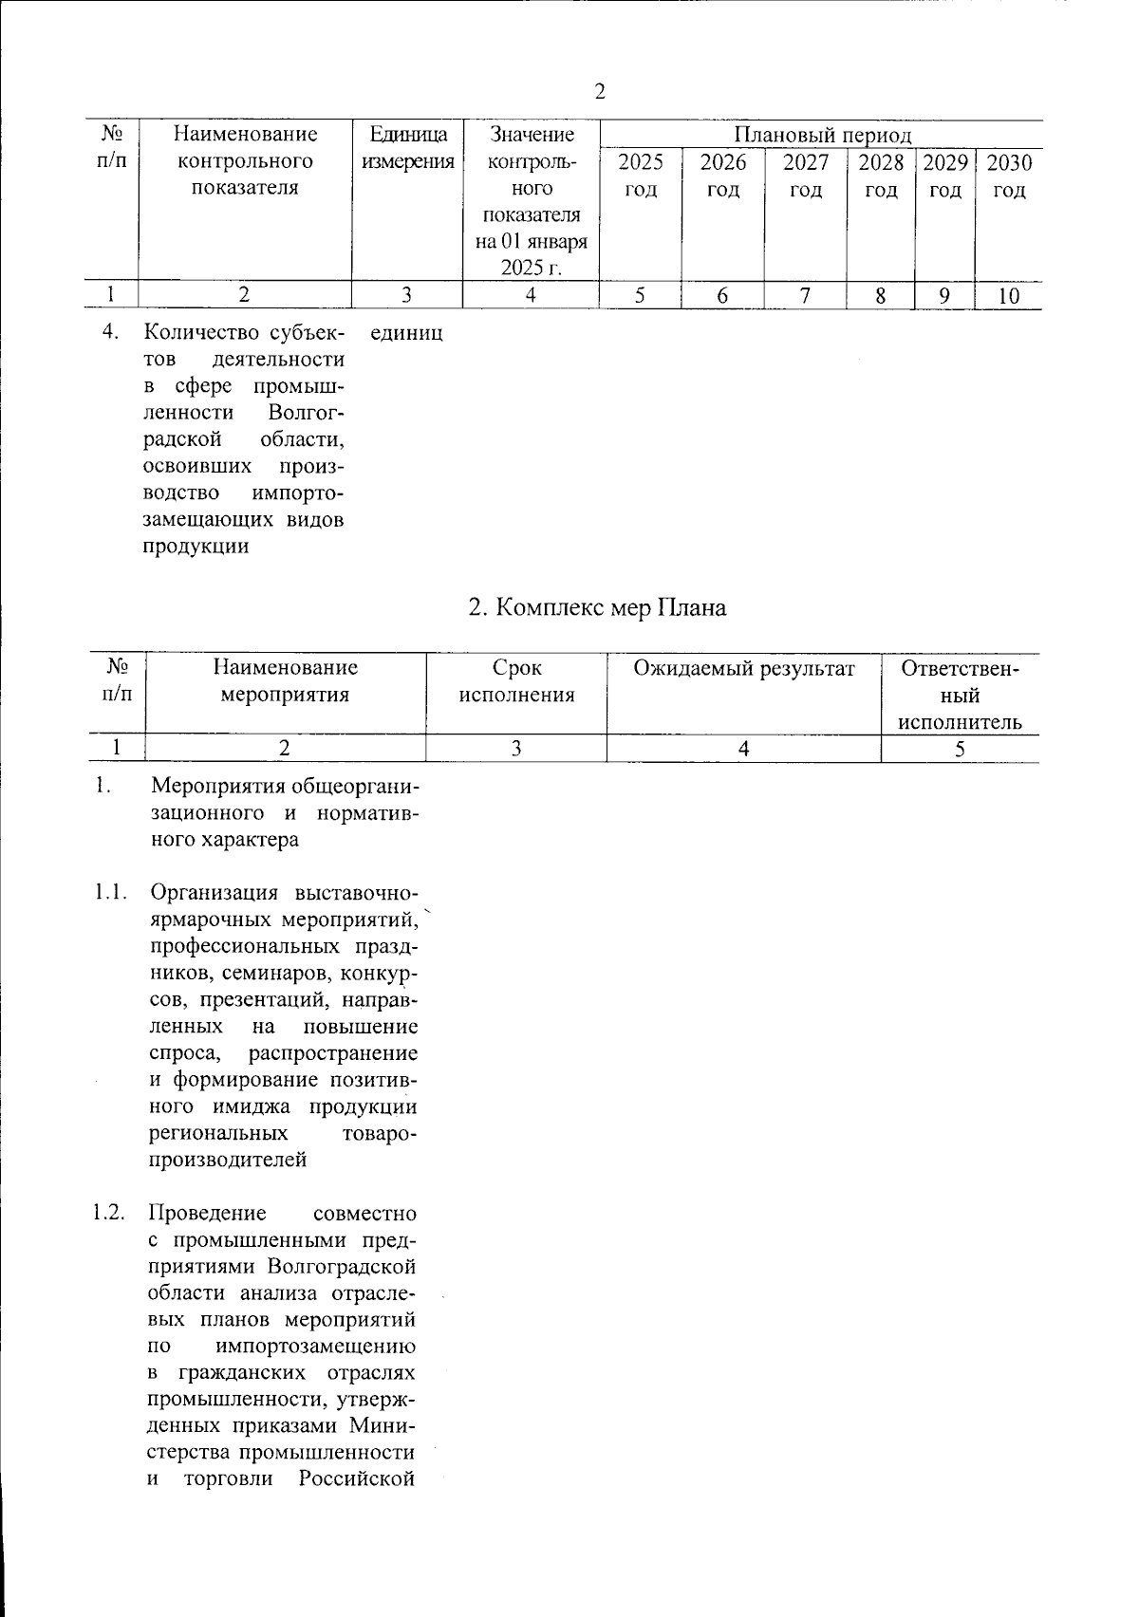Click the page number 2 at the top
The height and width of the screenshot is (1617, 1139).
click(x=599, y=91)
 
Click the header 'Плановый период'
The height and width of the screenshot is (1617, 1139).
click(x=823, y=136)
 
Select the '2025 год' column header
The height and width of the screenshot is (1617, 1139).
click(x=641, y=176)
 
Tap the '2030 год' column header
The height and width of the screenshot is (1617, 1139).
click(x=1009, y=176)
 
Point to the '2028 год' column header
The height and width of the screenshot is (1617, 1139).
click(x=881, y=176)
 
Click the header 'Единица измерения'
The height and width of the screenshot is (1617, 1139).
click(x=408, y=148)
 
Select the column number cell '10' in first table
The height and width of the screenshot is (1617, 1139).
click(x=1009, y=296)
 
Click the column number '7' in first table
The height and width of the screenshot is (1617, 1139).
click(x=805, y=296)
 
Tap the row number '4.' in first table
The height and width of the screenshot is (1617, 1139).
click(x=112, y=334)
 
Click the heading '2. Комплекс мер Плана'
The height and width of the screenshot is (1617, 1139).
click(x=598, y=607)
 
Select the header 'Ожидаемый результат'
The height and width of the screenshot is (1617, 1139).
click(x=744, y=669)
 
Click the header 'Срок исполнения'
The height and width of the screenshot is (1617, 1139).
click(x=517, y=681)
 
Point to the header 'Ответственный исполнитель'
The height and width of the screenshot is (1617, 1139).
click(x=961, y=696)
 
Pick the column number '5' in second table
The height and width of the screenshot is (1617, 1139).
click(x=961, y=749)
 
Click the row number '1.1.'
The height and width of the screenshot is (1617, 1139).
click(x=110, y=893)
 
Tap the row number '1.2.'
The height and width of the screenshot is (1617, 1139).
click(x=110, y=1214)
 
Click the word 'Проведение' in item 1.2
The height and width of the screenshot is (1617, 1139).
click(x=208, y=1214)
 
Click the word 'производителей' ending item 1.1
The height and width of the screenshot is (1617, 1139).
click(x=228, y=1161)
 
